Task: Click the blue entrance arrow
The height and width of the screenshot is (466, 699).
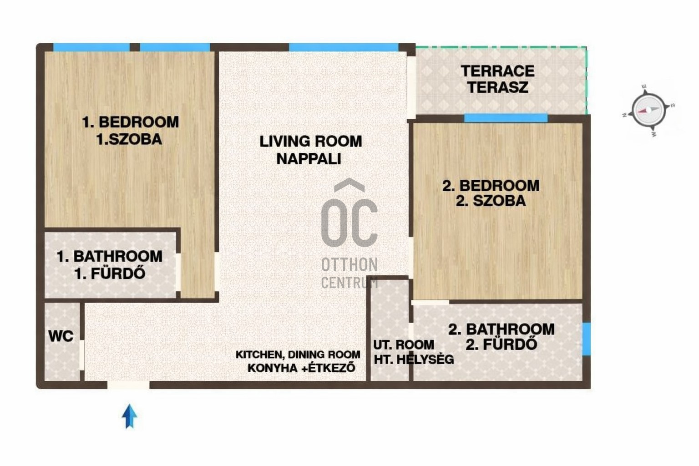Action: point(129,416)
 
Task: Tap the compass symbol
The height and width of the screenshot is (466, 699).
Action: point(648,110)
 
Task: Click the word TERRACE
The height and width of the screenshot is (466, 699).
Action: point(497,71)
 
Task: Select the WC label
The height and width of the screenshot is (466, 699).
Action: point(61,336)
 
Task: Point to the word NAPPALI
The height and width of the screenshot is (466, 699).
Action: point(309,158)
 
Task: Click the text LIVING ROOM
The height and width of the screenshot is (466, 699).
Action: point(310,142)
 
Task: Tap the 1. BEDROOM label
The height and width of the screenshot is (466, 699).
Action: point(131,122)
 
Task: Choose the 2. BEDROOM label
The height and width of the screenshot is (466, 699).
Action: point(491,186)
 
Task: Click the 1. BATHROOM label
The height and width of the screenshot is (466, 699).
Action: point(110,257)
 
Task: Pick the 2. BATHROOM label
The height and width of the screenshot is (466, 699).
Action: point(501,329)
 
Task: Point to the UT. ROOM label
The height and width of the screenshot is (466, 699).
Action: point(404,345)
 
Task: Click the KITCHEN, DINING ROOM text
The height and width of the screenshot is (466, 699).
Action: point(298,355)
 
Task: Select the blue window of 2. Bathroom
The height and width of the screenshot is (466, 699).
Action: point(587,339)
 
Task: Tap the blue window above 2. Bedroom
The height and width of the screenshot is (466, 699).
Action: point(506,118)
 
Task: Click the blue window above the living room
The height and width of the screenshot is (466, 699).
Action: point(344,47)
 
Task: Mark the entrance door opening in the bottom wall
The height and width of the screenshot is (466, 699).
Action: point(129,385)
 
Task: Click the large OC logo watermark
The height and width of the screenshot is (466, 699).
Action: point(349,213)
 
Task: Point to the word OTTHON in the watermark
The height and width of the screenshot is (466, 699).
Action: point(349,265)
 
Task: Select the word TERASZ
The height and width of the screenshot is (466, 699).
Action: point(498,87)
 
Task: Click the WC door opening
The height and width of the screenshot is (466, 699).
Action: point(82,355)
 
